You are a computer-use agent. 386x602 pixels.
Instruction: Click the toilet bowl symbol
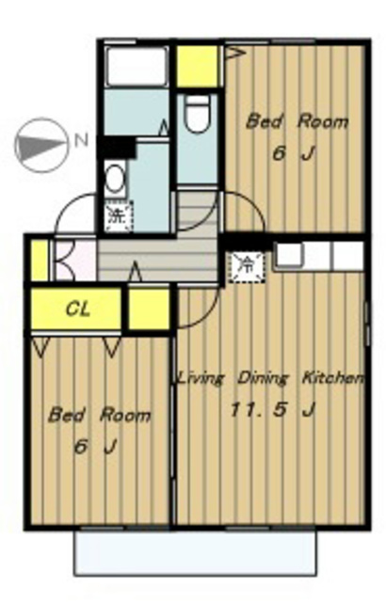click(197, 113)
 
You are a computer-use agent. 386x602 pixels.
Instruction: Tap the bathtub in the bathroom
click(137, 67)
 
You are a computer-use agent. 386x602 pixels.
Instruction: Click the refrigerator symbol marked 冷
click(247, 266)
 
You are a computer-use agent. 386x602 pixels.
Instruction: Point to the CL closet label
click(78, 309)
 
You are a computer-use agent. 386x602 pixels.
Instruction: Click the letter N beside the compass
click(81, 141)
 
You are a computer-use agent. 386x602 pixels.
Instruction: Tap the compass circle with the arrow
click(40, 145)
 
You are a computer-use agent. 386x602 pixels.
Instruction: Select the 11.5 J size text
click(272, 410)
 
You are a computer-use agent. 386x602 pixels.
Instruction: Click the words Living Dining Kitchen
click(270, 378)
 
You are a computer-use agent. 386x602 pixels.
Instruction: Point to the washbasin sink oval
click(114, 180)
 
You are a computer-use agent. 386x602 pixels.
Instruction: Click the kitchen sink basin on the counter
click(289, 254)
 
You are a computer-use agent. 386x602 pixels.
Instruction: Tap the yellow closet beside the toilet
click(197, 67)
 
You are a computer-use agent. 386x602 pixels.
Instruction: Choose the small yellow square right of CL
click(149, 309)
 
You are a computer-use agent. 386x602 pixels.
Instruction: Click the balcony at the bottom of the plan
click(195, 553)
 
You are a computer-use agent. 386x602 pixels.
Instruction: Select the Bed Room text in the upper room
click(297, 121)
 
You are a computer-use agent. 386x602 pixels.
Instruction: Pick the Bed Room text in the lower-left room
click(99, 415)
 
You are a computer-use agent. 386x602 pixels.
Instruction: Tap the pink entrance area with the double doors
click(75, 260)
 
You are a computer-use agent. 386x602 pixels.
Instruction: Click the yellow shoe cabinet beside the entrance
click(40, 260)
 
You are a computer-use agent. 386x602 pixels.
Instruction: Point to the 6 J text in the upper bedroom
click(294, 154)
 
